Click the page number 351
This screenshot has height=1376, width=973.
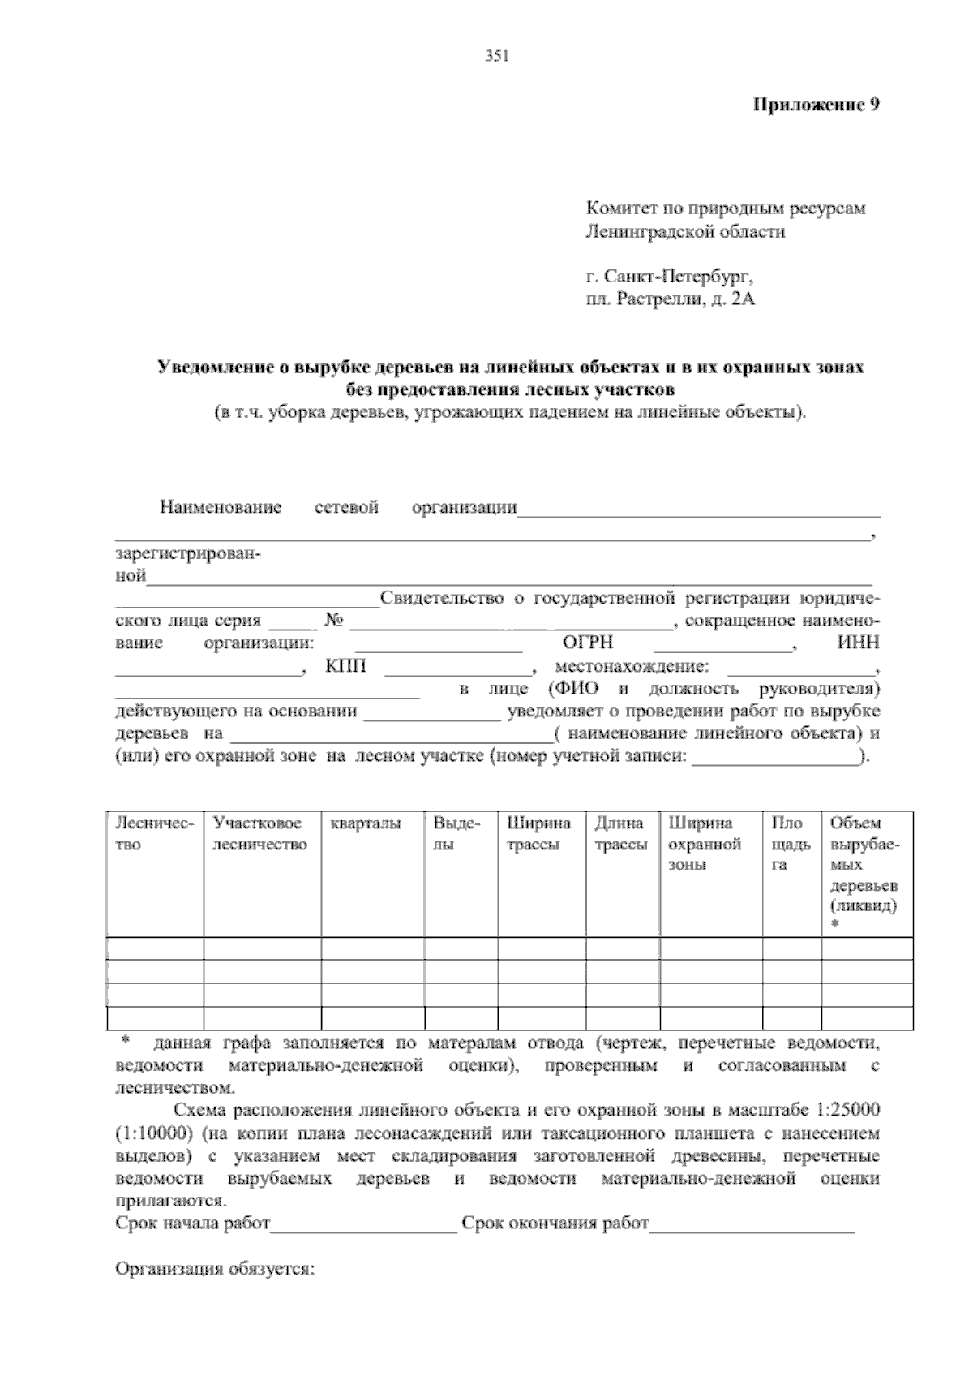[x=495, y=56]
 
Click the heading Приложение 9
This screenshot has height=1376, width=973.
[x=817, y=105]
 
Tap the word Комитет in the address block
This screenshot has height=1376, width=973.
[x=619, y=209]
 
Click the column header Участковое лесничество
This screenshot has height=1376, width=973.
[x=259, y=834]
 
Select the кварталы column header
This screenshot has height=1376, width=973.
[x=366, y=824]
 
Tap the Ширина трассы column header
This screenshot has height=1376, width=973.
[x=538, y=834]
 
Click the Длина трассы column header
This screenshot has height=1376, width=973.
[x=620, y=834]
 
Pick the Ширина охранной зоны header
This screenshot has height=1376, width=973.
[x=704, y=844]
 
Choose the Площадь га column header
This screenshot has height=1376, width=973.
[x=791, y=844]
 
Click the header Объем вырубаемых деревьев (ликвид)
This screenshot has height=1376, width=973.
[x=864, y=864]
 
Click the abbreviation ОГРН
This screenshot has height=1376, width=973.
[x=588, y=643]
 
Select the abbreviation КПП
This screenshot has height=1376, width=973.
[x=346, y=667]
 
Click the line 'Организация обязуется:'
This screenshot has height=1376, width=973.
[x=215, y=1269]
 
